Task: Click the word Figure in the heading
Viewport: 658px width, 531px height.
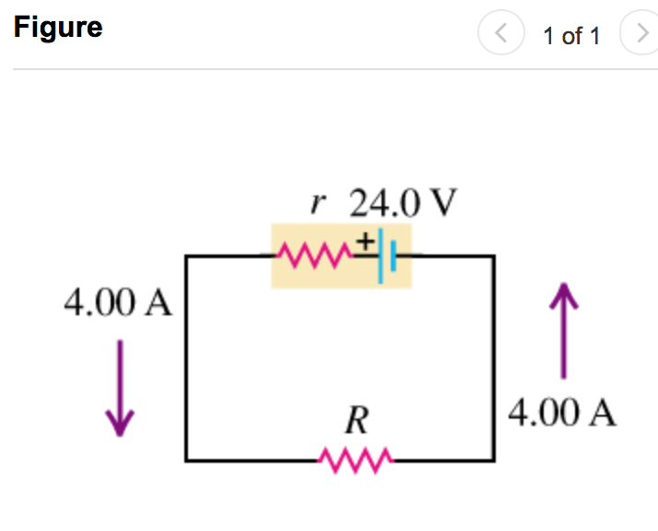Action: pos(58,28)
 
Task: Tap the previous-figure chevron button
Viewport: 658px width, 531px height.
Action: pos(500,35)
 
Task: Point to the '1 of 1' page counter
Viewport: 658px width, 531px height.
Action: pos(571,36)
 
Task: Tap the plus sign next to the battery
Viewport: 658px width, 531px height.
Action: pos(365,241)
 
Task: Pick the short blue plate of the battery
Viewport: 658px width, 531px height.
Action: pos(392,255)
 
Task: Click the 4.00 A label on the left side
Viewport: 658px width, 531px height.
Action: pos(118,302)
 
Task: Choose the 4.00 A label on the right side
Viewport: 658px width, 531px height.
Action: pos(562,412)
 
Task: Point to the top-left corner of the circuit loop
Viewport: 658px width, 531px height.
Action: pos(187,256)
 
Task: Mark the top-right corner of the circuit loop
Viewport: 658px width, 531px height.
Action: pos(493,256)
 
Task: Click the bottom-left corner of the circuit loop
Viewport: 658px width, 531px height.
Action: pos(187,459)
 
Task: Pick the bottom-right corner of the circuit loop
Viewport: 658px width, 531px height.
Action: pos(493,459)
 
